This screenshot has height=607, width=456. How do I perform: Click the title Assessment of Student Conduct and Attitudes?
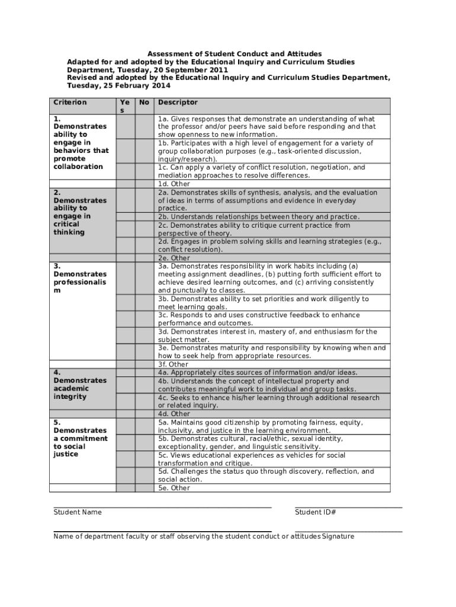[x=235, y=54]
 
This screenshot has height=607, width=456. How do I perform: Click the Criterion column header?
[x=70, y=103]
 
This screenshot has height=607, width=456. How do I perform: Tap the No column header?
[x=144, y=103]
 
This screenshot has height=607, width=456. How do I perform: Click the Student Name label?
[x=78, y=512]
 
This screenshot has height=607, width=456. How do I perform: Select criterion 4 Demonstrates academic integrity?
[x=80, y=384]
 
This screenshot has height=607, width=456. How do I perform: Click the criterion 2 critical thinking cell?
[x=80, y=212]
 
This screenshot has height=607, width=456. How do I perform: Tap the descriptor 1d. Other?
[x=174, y=184]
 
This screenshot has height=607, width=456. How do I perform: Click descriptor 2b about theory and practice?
[x=259, y=217]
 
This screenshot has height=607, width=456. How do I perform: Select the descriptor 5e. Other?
[x=174, y=488]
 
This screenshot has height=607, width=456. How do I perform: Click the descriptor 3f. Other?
[x=173, y=364]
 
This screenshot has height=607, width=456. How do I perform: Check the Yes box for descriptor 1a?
[x=124, y=126]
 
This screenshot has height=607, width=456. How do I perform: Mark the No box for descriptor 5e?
[x=144, y=488]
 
